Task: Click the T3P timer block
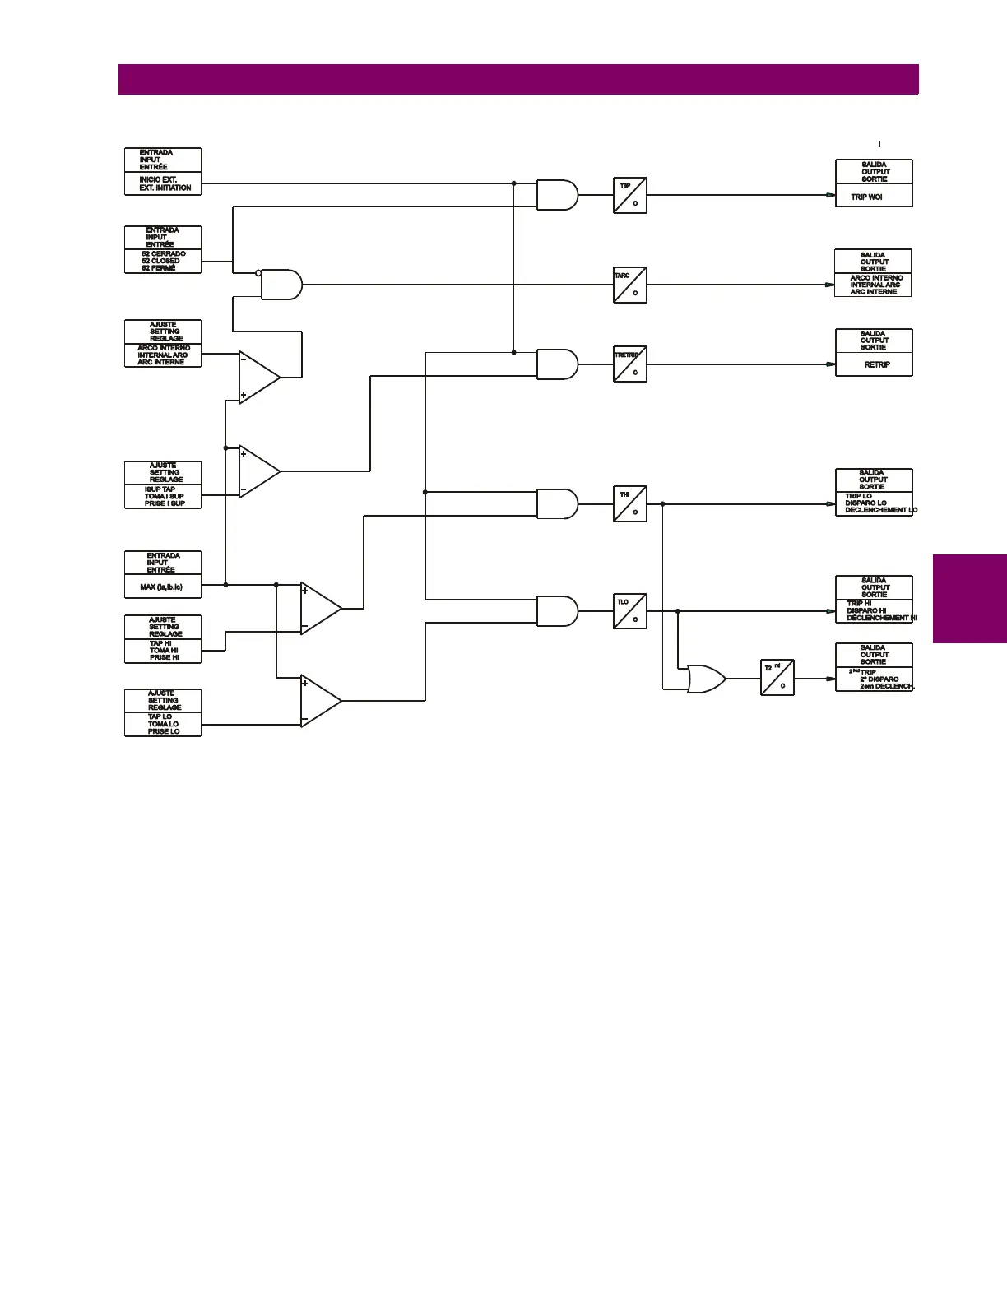coord(629,195)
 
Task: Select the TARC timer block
coord(629,285)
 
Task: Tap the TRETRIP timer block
coord(629,364)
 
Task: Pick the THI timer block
coord(629,503)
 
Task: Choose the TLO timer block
coord(629,611)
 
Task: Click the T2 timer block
coord(777,677)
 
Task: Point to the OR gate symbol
coord(706,679)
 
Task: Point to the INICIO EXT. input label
coord(163,183)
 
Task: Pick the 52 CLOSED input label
coord(163,261)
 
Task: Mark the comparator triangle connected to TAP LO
coord(318,701)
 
